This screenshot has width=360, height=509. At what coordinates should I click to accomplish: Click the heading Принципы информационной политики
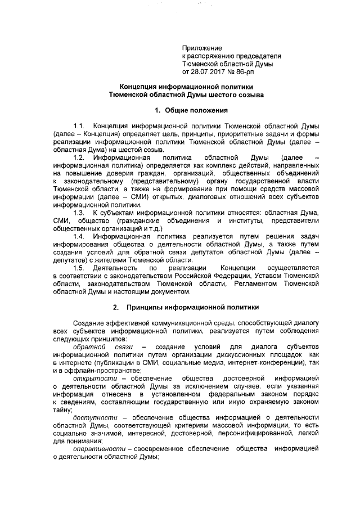(192, 308)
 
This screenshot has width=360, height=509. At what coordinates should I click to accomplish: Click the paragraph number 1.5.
(79, 268)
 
